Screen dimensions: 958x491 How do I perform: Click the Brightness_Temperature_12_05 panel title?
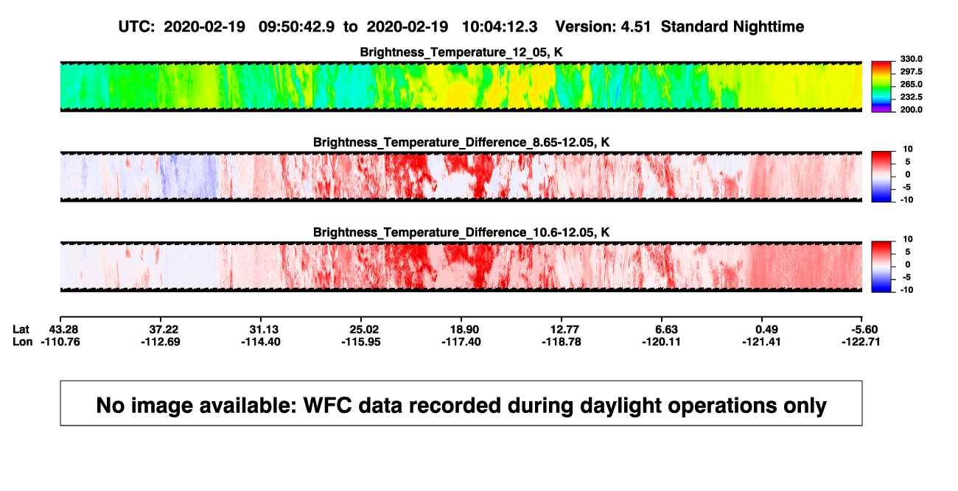pos(461,52)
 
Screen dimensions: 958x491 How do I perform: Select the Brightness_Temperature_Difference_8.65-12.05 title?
pos(461,142)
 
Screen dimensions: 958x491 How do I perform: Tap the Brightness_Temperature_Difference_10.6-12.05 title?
pos(461,233)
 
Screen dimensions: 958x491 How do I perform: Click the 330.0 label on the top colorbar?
pos(911,59)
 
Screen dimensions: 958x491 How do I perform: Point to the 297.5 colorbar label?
pos(911,71)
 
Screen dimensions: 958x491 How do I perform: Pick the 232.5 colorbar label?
pos(911,97)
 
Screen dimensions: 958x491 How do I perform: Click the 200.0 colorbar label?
pos(911,110)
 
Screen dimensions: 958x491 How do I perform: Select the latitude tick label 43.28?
pos(63,330)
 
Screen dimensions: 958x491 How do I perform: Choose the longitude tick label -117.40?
pos(461,342)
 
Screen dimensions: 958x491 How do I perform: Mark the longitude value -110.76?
pos(60,342)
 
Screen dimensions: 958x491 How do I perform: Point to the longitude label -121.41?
pos(761,342)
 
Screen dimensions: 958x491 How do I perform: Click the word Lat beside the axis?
pos(21,330)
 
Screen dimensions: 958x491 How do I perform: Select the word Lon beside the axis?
pos(22,342)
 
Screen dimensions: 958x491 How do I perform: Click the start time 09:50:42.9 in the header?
pos(296,27)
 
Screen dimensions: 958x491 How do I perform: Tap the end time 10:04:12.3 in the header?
pos(500,27)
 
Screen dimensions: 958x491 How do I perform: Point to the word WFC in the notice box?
pos(327,405)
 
